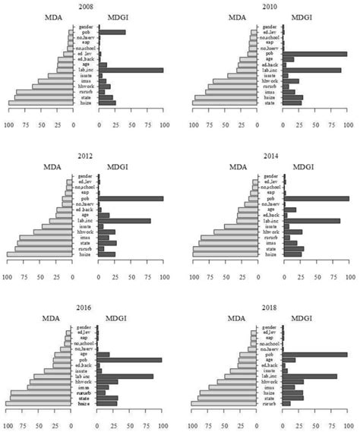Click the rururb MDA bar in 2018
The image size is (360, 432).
(225, 404)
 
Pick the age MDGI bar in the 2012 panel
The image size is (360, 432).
(104, 215)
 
